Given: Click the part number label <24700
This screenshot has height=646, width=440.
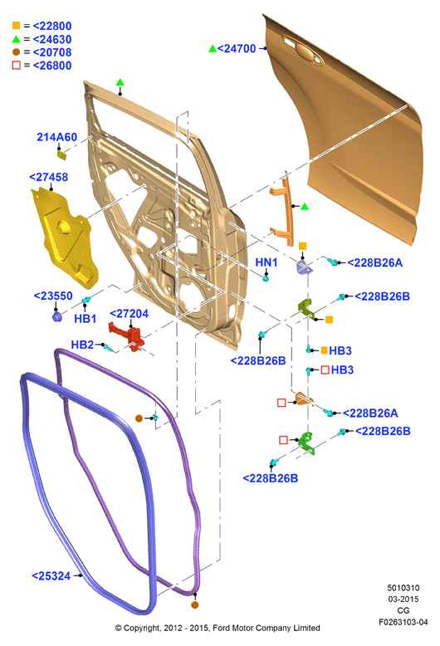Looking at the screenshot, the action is (x=237, y=49).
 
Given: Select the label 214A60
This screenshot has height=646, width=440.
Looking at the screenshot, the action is (x=56, y=137).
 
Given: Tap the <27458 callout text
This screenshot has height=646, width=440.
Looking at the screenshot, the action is (x=49, y=177).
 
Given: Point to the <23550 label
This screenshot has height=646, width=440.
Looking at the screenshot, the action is (x=53, y=296).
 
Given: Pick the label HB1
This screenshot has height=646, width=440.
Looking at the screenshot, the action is (x=86, y=319).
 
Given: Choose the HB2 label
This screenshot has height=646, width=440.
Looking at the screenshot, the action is (x=82, y=345).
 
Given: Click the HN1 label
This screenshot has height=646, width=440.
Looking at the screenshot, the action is (x=266, y=262).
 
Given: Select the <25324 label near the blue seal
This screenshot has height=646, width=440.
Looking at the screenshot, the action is (x=51, y=576).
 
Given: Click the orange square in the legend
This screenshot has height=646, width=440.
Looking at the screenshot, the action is (x=16, y=26).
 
